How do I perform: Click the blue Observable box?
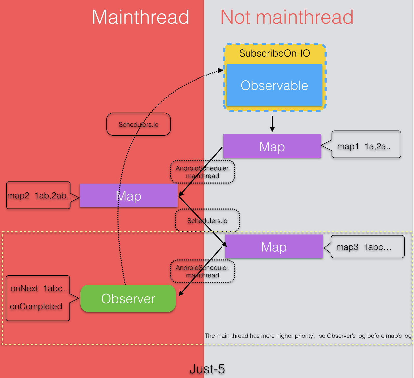(274, 85)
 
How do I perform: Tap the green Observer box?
(128, 298)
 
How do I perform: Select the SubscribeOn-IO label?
(275, 53)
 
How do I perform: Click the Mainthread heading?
(140, 17)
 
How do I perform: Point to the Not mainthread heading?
(287, 17)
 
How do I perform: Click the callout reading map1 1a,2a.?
(366, 145)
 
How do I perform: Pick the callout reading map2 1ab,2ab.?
(38, 195)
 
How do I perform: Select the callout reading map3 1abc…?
(367, 247)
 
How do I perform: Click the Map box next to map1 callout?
(272, 146)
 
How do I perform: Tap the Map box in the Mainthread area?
(128, 195)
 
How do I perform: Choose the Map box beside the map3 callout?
(274, 247)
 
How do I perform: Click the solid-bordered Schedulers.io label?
(138, 124)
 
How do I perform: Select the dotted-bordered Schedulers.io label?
(207, 221)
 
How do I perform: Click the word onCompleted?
(36, 306)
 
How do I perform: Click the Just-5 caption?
(207, 369)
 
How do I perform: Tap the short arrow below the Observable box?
(272, 124)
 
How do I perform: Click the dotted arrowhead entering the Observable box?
(221, 70)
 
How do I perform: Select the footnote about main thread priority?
(308, 336)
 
